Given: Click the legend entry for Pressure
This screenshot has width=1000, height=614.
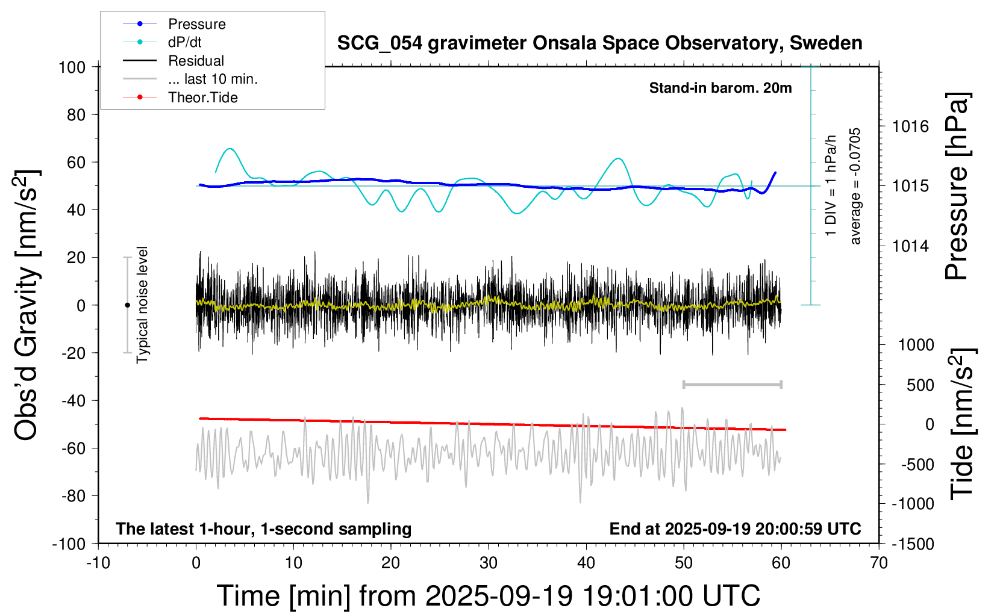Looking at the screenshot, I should click(x=196, y=24).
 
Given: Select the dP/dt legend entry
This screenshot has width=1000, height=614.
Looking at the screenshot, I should click(x=184, y=42).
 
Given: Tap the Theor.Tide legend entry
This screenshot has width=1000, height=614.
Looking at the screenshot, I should click(x=202, y=98).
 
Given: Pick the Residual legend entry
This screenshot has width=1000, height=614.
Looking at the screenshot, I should click(x=196, y=61).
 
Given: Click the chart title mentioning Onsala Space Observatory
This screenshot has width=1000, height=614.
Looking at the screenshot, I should click(x=599, y=43).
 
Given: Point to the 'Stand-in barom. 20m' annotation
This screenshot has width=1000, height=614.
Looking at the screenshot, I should click(x=720, y=88).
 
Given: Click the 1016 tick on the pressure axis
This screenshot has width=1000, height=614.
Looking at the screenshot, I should click(x=910, y=126).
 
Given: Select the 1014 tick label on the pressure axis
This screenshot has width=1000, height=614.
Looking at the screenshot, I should click(x=910, y=246).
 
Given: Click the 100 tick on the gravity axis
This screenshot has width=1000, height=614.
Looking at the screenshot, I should click(x=72, y=67).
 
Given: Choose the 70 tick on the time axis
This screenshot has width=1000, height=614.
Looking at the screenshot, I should click(x=879, y=563).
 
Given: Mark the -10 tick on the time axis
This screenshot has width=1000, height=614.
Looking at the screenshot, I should click(x=98, y=563).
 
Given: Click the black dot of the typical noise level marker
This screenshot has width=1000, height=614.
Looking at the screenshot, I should click(x=127, y=305).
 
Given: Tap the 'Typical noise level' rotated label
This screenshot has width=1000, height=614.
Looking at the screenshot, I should click(x=142, y=305).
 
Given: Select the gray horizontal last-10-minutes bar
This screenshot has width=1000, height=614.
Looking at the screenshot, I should click(x=732, y=384).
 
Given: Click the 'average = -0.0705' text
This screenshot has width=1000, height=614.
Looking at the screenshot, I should click(x=855, y=186).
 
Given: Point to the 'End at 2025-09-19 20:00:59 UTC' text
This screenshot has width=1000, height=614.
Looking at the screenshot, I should click(x=735, y=529).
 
